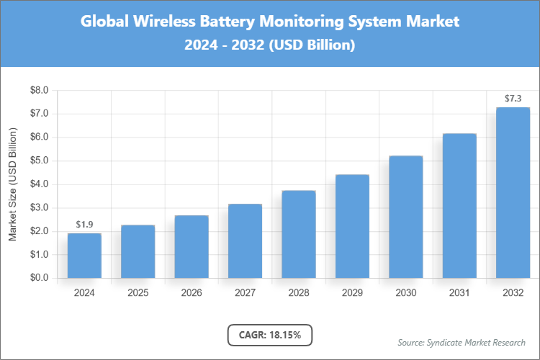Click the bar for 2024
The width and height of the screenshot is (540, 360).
tap(84, 256)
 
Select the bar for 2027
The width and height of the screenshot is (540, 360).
tap(245, 241)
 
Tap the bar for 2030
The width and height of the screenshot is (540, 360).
tap(405, 217)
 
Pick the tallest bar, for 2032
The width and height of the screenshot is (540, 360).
tap(513, 193)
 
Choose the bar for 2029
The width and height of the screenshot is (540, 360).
tap(352, 226)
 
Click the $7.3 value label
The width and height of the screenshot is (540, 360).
tap(513, 98)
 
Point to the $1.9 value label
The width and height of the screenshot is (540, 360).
tap(84, 225)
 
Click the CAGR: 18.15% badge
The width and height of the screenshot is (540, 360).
tap(269, 335)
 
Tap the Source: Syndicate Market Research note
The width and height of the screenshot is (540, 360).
tap(462, 342)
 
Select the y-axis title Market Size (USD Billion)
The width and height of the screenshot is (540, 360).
tap(12, 184)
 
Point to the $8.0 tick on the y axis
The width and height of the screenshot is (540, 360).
tap(38, 91)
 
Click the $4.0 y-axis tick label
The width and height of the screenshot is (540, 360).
tap(38, 184)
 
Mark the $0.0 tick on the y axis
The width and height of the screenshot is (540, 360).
tap(38, 278)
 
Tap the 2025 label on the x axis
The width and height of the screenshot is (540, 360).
tap(138, 293)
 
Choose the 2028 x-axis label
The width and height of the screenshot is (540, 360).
tap(298, 293)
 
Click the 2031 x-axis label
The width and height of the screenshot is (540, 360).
tap(459, 293)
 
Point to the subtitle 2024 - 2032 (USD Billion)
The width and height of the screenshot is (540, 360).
tap(269, 45)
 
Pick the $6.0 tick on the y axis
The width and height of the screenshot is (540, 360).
tap(38, 138)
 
